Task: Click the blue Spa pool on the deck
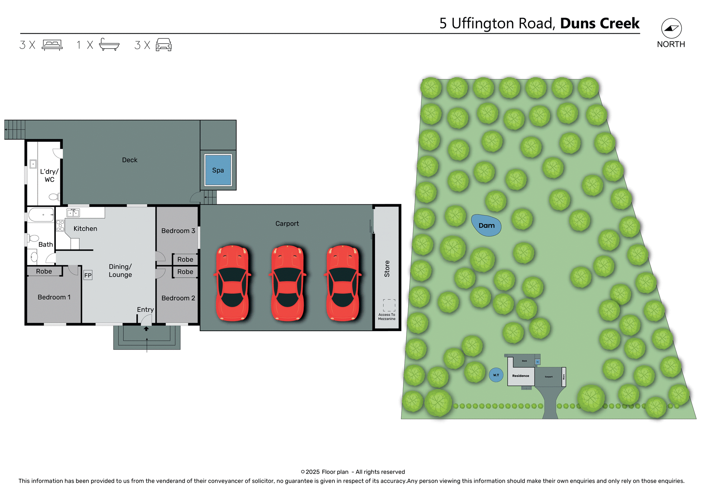click(218, 170)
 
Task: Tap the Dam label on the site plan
click(486, 226)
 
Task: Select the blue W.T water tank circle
click(496, 375)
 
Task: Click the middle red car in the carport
click(288, 283)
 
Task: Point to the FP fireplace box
click(88, 275)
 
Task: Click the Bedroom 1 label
click(54, 297)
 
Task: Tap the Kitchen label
click(85, 228)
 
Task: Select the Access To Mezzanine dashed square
click(389, 305)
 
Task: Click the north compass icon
click(671, 29)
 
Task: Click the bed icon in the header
click(52, 45)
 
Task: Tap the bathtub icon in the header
click(109, 45)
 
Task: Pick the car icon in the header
click(164, 45)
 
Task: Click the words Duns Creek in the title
click(600, 23)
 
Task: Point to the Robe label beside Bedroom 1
click(44, 271)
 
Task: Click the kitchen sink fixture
click(73, 213)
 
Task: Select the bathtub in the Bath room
click(41, 215)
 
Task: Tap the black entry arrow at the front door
click(146, 329)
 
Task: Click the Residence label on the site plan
click(520, 376)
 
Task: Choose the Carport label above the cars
click(287, 223)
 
